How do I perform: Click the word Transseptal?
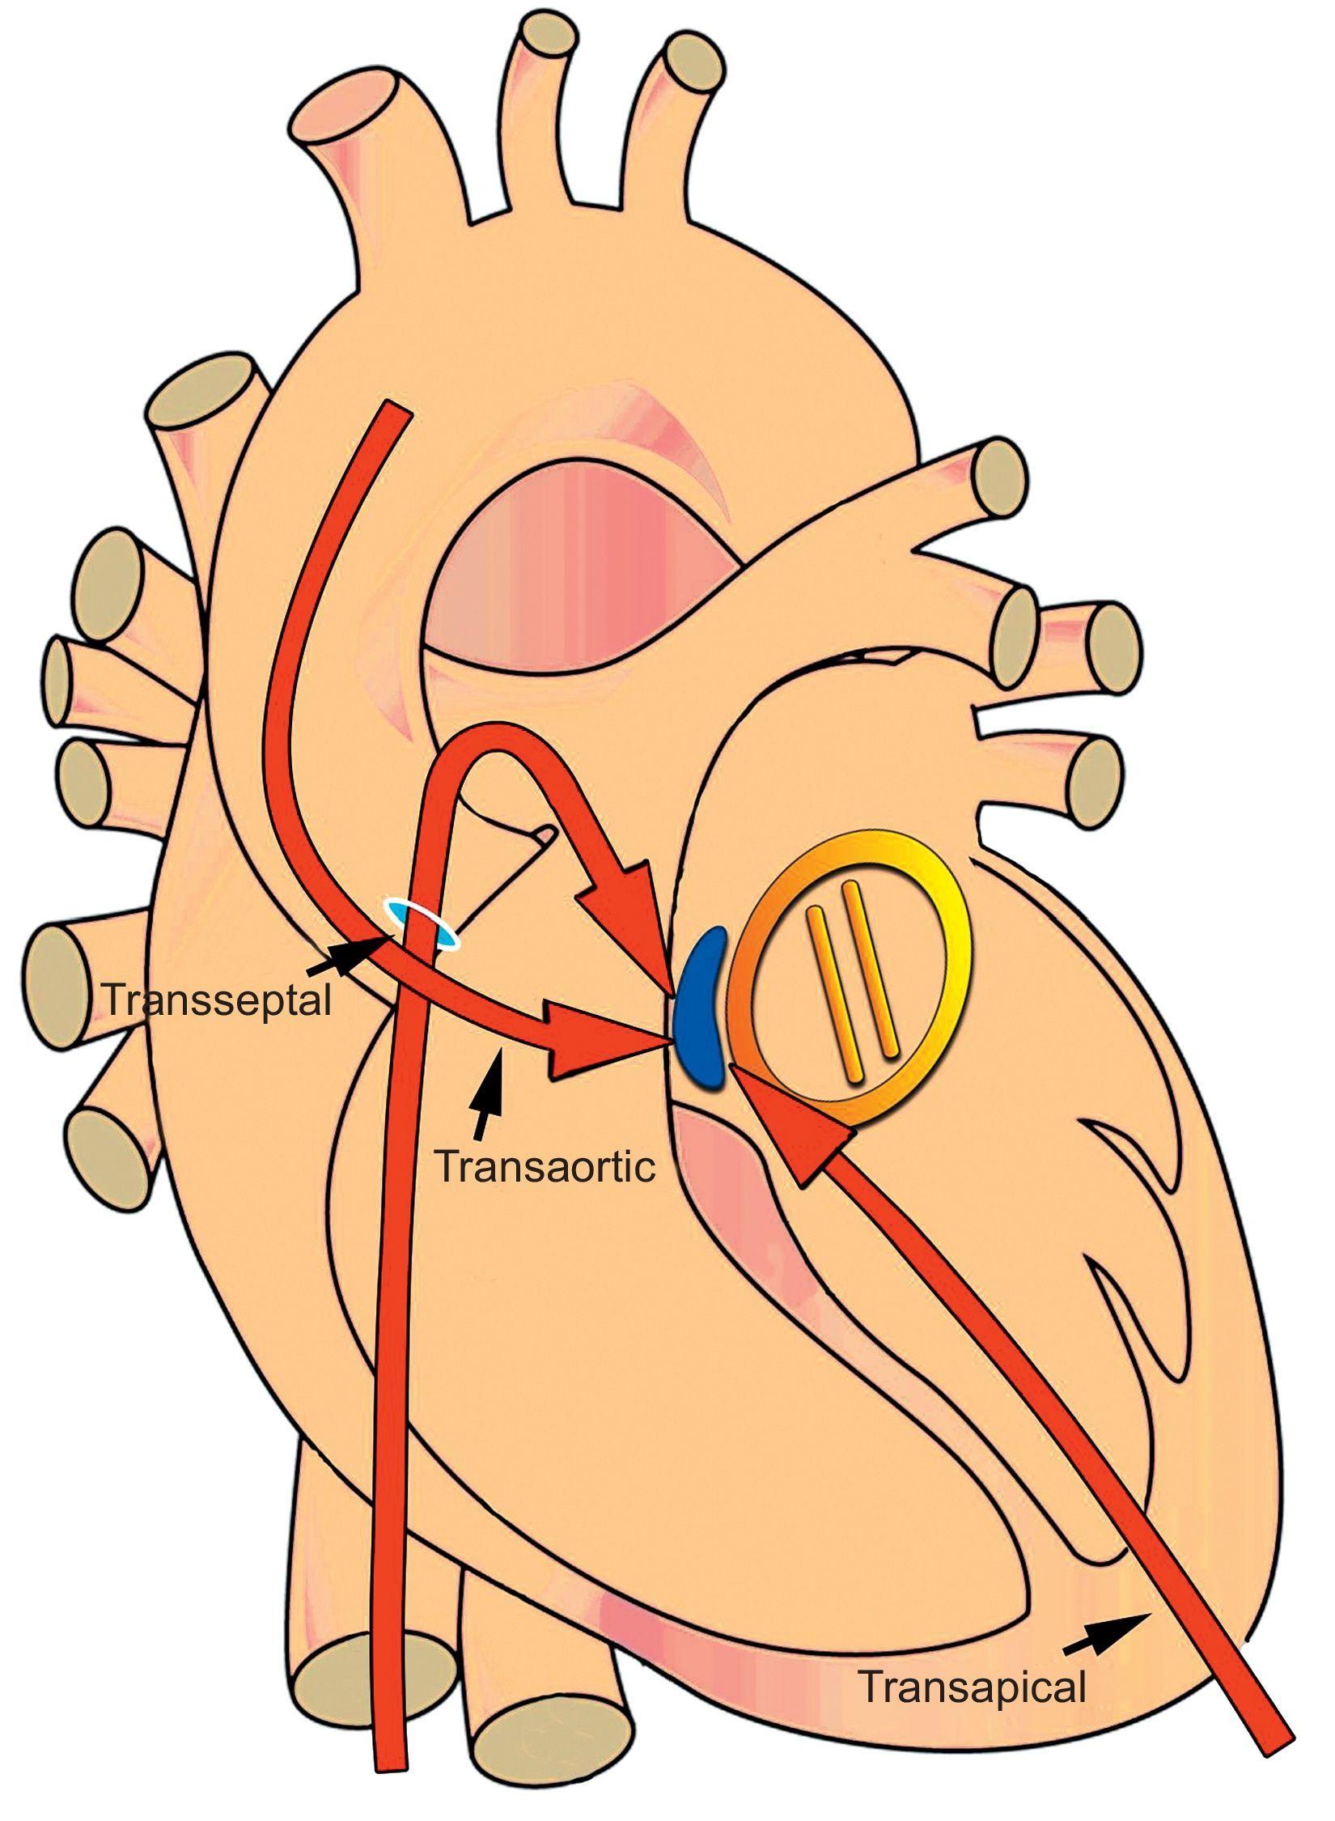point(217,1001)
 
